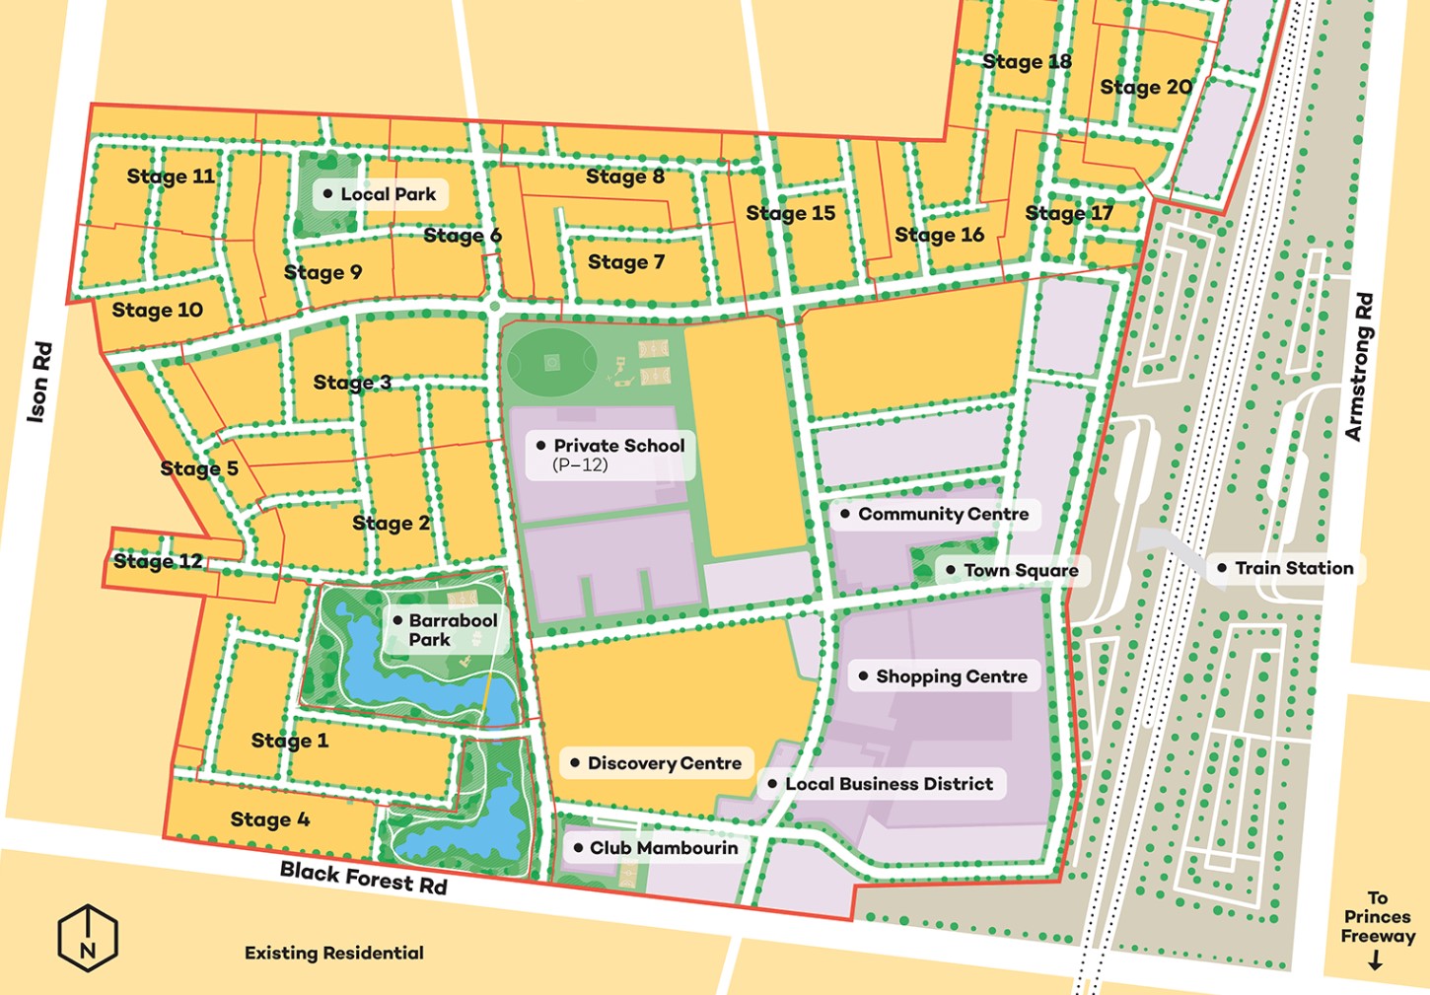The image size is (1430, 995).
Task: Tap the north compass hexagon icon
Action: click(x=88, y=938)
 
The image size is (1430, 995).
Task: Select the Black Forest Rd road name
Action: click(x=363, y=877)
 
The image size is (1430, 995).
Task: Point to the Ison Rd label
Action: click(x=38, y=382)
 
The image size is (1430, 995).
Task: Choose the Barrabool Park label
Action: click(x=452, y=630)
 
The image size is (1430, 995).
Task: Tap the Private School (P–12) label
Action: click(x=617, y=454)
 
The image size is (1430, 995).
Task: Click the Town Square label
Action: click(x=1020, y=570)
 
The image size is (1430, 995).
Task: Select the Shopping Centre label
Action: click(x=951, y=676)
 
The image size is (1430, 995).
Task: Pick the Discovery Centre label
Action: click(x=664, y=763)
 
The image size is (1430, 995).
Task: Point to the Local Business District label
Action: click(x=888, y=784)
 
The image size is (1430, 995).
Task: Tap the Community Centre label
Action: click(x=942, y=514)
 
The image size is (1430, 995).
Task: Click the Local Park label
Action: click(x=388, y=194)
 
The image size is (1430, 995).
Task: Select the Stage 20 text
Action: click(x=1146, y=88)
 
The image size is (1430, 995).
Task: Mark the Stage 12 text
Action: click(x=158, y=561)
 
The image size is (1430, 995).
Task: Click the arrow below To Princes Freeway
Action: click(x=1376, y=960)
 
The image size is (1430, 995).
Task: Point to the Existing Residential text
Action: click(x=333, y=953)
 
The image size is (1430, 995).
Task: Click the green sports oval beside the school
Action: click(x=551, y=363)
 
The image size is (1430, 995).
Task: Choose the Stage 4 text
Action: click(x=269, y=819)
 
